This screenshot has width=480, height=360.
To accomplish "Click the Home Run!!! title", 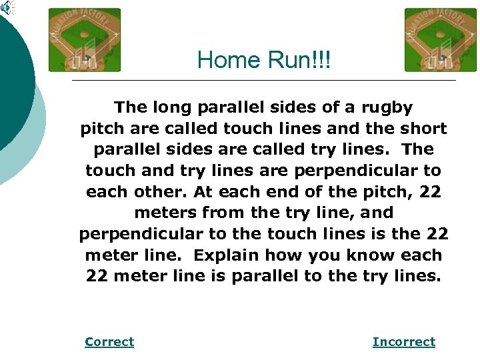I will (x=263, y=61).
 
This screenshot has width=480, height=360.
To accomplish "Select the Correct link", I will (x=109, y=342).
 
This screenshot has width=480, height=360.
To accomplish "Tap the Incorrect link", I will (x=403, y=342).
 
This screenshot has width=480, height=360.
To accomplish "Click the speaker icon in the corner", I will (x=7, y=7).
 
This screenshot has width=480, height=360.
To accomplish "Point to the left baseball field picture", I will (x=85, y=40).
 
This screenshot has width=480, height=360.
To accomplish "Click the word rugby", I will (x=388, y=107).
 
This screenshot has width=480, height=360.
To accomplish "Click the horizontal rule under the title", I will (x=263, y=81).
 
